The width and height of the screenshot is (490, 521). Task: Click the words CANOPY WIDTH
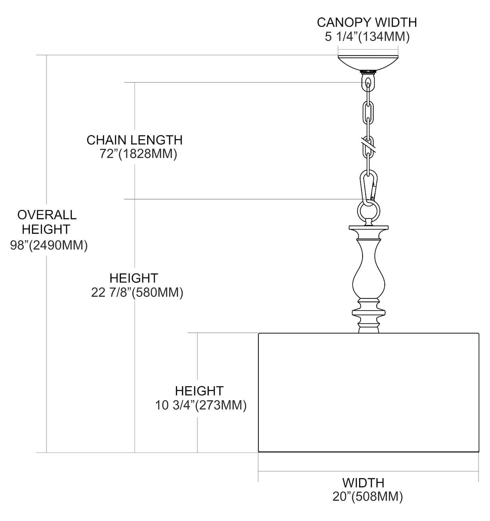pyautogui.click(x=367, y=22)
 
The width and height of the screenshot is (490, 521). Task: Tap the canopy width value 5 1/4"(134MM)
pyautogui.click(x=367, y=36)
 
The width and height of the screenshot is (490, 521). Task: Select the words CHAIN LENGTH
pyautogui.click(x=134, y=140)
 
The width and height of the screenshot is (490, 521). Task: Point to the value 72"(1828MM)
pyautogui.click(x=138, y=154)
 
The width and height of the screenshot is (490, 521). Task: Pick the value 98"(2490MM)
pyautogui.click(x=49, y=245)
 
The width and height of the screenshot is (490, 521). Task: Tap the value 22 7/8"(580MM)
pyautogui.click(x=137, y=292)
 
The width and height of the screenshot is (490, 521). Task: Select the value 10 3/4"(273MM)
pyautogui.click(x=201, y=405)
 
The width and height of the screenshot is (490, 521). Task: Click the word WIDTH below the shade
pyautogui.click(x=363, y=482)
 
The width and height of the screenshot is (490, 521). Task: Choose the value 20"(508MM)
pyautogui.click(x=368, y=496)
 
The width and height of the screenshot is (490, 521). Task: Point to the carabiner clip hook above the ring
pyautogui.click(x=368, y=186)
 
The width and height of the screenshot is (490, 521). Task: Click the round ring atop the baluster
pyautogui.click(x=368, y=210)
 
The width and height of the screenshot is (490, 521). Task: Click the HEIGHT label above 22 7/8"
pyautogui.click(x=134, y=278)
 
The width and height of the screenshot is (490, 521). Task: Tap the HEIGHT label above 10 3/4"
pyautogui.click(x=199, y=391)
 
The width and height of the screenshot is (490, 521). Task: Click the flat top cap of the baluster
pyautogui.click(x=368, y=229)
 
